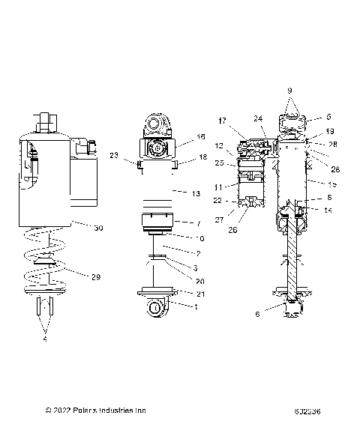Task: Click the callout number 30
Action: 98,228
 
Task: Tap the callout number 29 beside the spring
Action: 95,277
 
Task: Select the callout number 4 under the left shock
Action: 44,339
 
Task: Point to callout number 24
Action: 257,118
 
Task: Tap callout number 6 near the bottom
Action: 258,315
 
